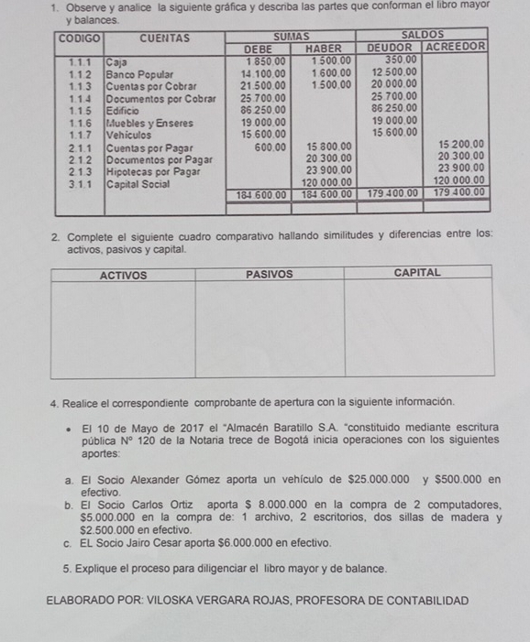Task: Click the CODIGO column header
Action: click(79, 38)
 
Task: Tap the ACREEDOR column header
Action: click(456, 46)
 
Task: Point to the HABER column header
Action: click(323, 47)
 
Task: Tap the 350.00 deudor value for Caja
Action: click(400, 59)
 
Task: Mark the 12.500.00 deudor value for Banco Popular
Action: click(395, 71)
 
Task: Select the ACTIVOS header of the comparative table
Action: click(123, 274)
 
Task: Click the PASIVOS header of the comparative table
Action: click(270, 274)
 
